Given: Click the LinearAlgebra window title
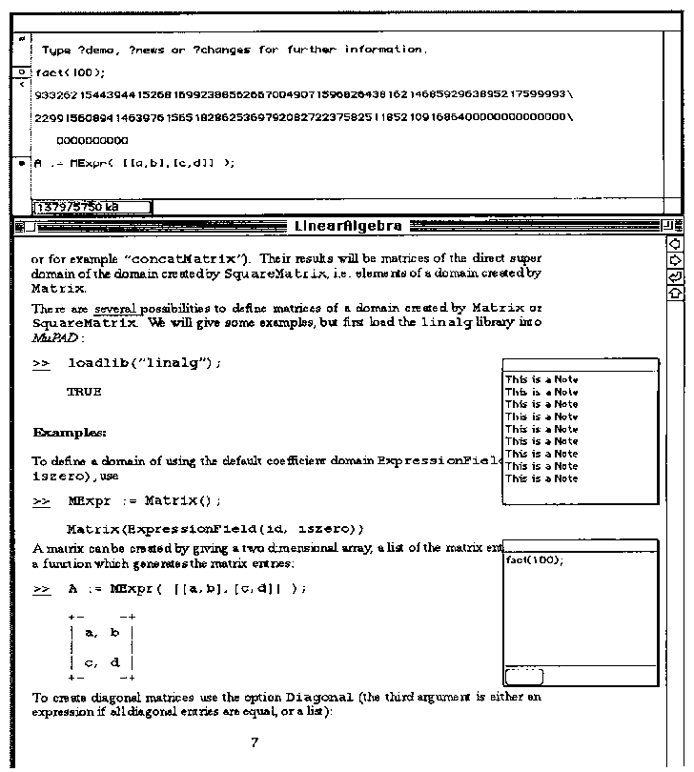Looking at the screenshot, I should (347, 227).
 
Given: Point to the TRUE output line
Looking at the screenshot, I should (84, 392).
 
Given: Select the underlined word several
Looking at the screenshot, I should (116, 309).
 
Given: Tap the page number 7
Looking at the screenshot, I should (255, 743).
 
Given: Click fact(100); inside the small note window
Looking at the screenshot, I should (534, 559).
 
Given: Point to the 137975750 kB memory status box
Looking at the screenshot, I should (92, 206).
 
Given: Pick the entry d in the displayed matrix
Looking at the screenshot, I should (115, 662).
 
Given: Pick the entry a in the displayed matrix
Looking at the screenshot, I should (91, 632).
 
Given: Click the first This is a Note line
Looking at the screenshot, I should (541, 379).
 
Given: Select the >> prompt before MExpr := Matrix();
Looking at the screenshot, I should (41, 500).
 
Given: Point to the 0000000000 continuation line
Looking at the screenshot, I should (92, 140).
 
